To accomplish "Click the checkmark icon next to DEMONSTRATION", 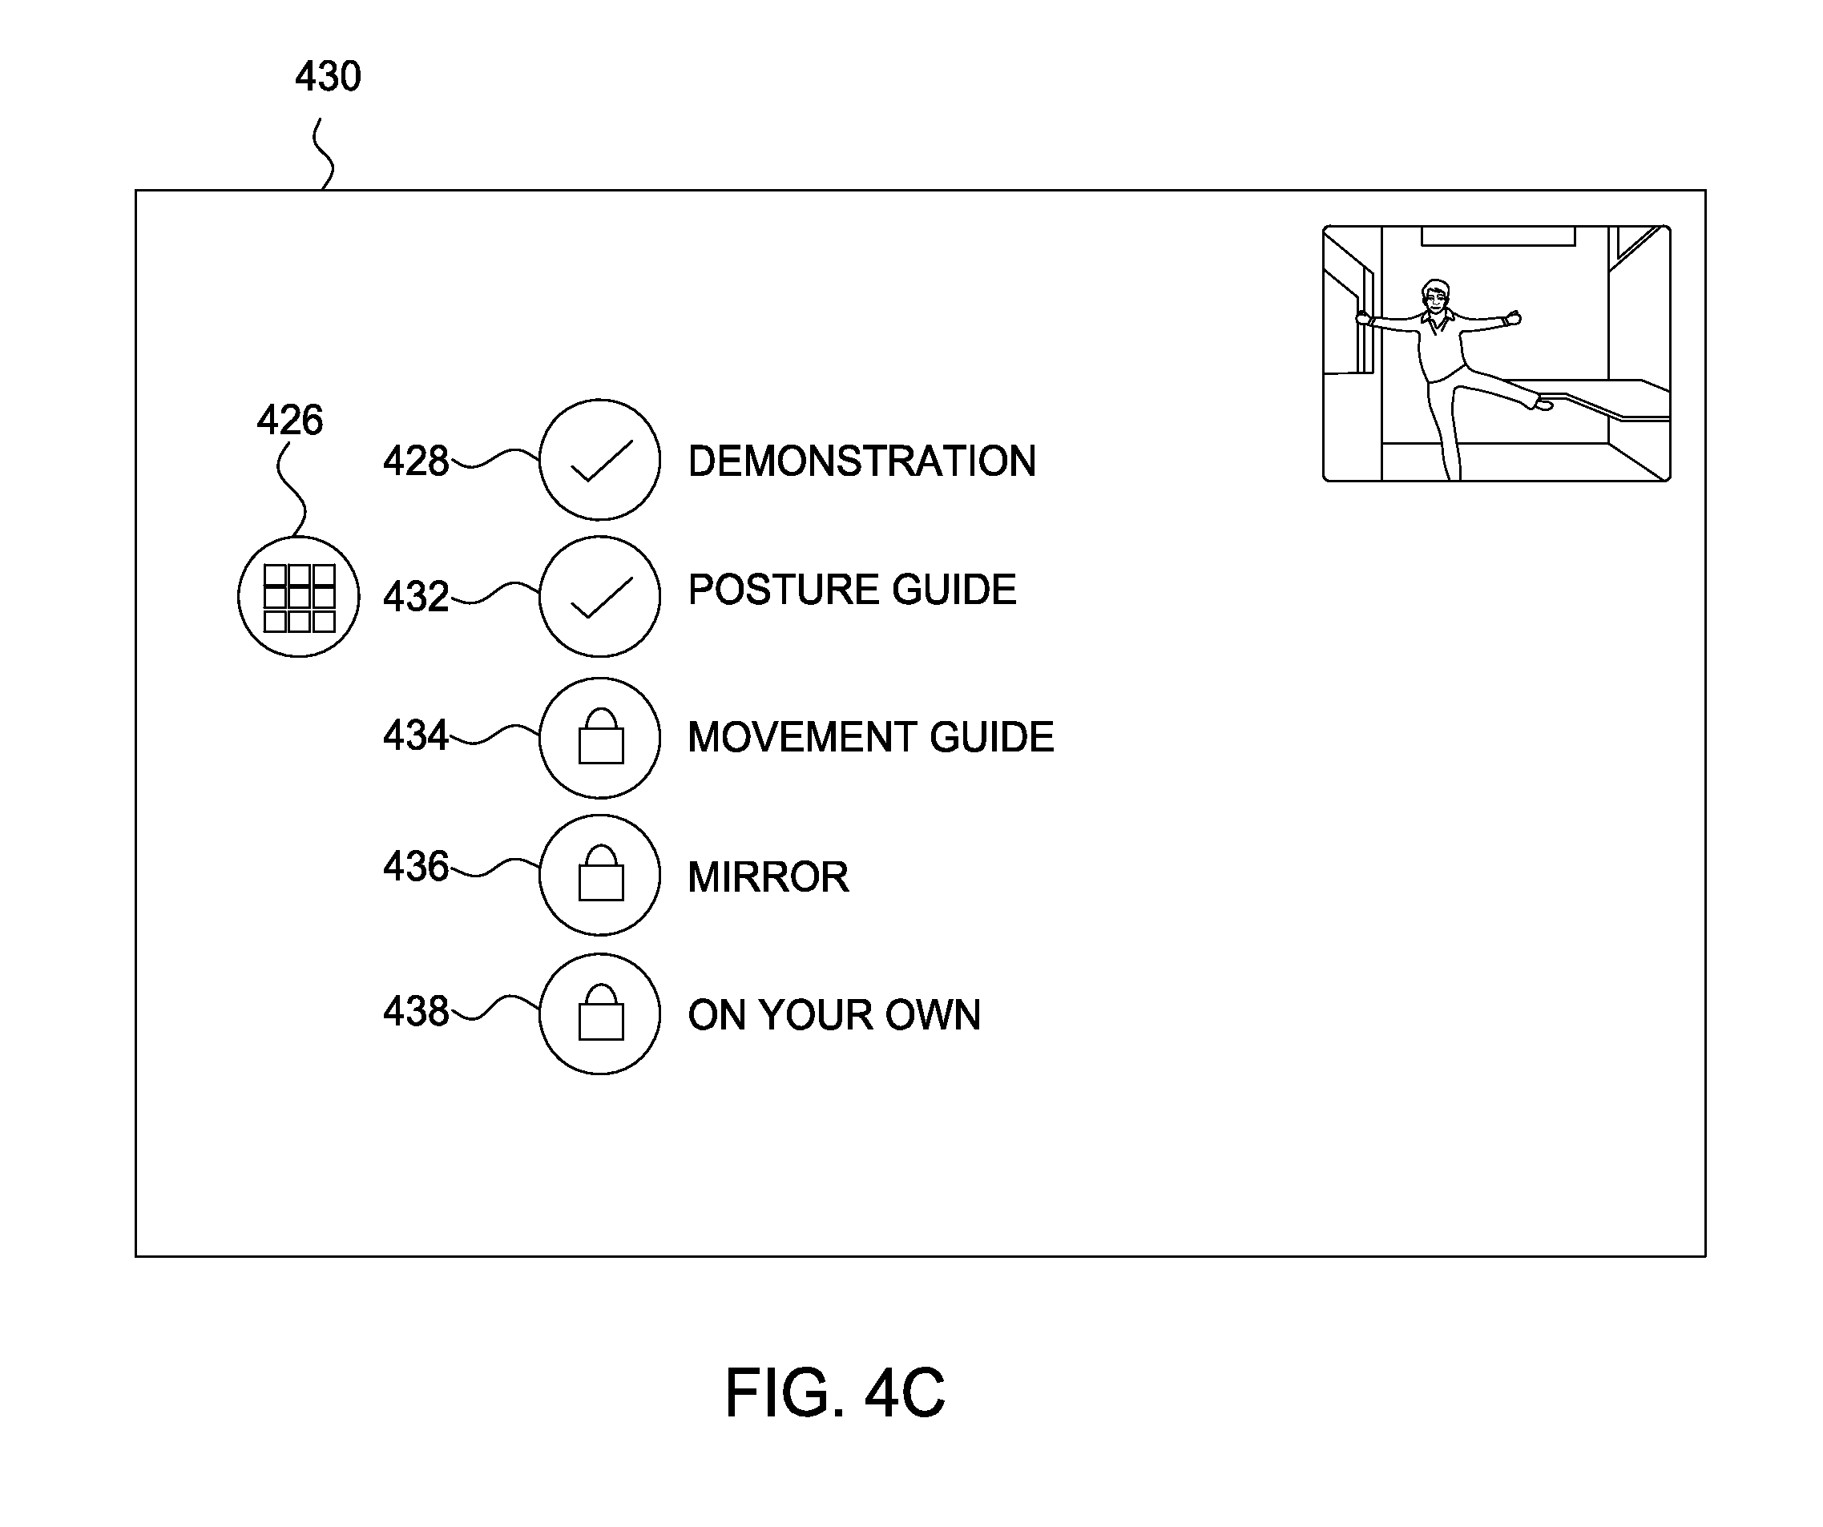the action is point(600,460).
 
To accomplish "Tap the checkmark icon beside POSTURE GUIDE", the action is point(600,596).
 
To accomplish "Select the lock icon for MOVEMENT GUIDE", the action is point(600,738).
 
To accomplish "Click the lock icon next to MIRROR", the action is point(600,875).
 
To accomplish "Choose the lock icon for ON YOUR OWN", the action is point(600,1014).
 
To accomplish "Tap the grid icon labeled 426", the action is point(299,596).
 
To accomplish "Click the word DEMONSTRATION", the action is point(862,461).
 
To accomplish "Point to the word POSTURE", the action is point(782,590).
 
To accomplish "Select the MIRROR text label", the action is point(768,876).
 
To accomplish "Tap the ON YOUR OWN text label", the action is point(834,1015).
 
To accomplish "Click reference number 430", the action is point(329,76).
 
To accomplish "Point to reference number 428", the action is point(416,461).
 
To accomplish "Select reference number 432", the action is point(416,597).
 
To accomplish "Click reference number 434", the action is point(416,735).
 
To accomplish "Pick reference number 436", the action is point(416,866).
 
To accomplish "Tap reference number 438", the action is point(416,1011).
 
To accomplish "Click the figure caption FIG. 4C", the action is point(835,1392).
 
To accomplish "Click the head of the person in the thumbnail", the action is point(1436,297).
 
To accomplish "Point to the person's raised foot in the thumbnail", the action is point(1543,404).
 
